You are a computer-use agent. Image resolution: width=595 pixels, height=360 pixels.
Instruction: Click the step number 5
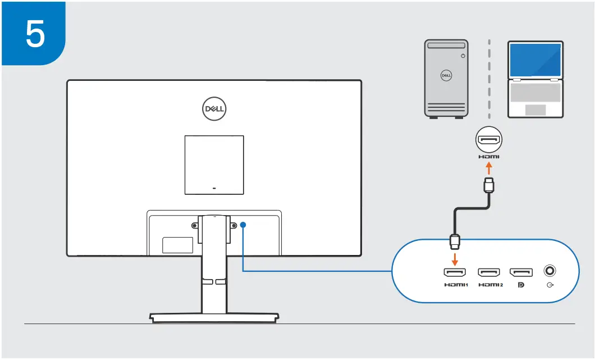pyautogui.click(x=35, y=34)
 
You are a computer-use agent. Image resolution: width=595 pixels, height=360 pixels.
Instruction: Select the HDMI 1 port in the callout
pyautogui.click(x=454, y=272)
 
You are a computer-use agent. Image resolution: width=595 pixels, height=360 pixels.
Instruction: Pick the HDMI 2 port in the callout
pyautogui.click(x=489, y=272)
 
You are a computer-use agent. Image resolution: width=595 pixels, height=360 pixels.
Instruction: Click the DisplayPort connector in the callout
pyautogui.click(x=521, y=272)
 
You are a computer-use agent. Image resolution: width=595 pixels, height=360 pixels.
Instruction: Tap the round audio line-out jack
pyautogui.click(x=550, y=271)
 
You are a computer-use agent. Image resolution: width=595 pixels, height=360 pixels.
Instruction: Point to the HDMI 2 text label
pyautogui.click(x=490, y=285)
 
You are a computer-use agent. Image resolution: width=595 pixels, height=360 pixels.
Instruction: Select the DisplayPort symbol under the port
pyautogui.click(x=521, y=285)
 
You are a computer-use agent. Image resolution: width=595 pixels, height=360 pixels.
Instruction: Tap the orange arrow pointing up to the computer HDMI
pyautogui.click(x=489, y=168)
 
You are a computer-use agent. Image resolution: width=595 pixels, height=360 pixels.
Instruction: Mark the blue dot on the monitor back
pyautogui.click(x=243, y=225)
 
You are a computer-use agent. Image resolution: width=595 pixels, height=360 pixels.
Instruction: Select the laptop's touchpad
pyautogui.click(x=535, y=109)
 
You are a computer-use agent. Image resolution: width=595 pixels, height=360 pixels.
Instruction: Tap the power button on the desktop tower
pyautogui.click(x=463, y=56)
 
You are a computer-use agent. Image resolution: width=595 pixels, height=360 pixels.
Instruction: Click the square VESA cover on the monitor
pyautogui.click(x=214, y=165)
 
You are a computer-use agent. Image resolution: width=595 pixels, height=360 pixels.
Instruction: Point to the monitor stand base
pyautogui.click(x=214, y=318)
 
